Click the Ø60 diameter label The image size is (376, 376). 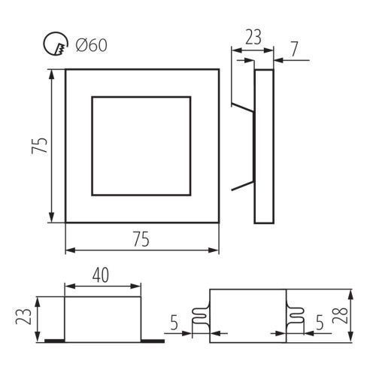click(x=92, y=45)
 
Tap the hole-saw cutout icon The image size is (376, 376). click(x=56, y=44)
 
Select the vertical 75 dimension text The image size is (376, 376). click(x=39, y=145)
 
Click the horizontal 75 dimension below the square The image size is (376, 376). click(x=141, y=239)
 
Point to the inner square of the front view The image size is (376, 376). click(x=92, y=146)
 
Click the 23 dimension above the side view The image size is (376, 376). click(x=253, y=37)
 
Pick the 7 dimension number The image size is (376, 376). click(x=294, y=49)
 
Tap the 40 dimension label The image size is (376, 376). click(x=101, y=275)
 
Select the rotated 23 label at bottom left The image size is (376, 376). click(x=23, y=317)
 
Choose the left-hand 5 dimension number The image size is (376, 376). click(x=174, y=323)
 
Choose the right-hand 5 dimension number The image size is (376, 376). click(x=320, y=323)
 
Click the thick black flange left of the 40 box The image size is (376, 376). click(x=55, y=341)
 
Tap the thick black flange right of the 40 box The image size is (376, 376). click(x=153, y=341)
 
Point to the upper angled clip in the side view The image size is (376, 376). click(x=243, y=107)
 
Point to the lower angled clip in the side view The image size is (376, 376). click(x=243, y=186)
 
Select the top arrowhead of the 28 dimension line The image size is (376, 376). click(x=351, y=294)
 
